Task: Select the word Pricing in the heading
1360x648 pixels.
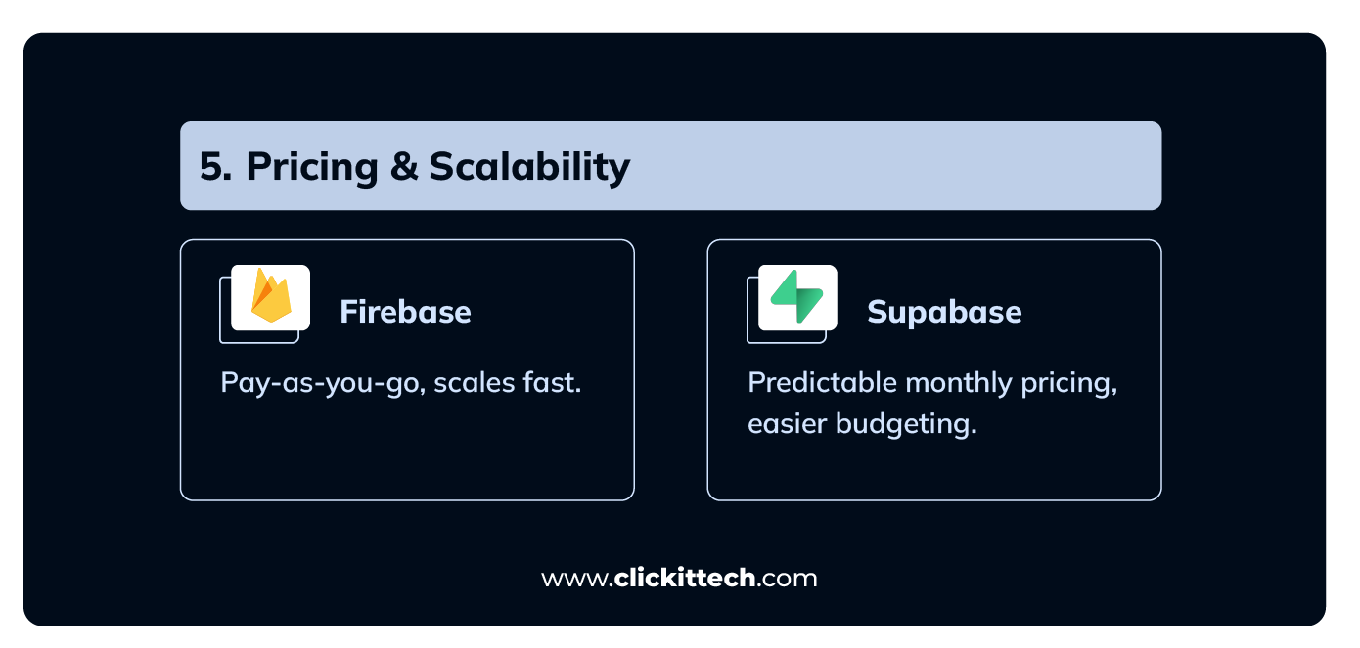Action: pyautogui.click(x=312, y=167)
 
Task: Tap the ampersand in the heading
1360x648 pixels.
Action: pyautogui.click(x=404, y=166)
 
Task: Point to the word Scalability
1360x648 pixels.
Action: pyautogui.click(x=529, y=167)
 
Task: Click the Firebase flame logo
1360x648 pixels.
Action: pyautogui.click(x=271, y=295)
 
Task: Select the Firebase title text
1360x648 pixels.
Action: pyautogui.click(x=406, y=312)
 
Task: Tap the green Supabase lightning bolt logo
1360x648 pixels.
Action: pyautogui.click(x=797, y=297)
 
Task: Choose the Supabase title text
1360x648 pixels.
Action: pyautogui.click(x=944, y=313)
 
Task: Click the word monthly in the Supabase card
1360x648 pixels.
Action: pyautogui.click(x=959, y=384)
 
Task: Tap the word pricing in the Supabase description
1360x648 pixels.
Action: pyautogui.click(x=1069, y=384)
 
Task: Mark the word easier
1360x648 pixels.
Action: pyautogui.click(x=787, y=423)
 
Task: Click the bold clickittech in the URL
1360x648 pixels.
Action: pyautogui.click(x=684, y=578)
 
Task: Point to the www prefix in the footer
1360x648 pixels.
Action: pyautogui.click(x=573, y=580)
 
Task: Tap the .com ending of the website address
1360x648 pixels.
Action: pyautogui.click(x=787, y=580)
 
